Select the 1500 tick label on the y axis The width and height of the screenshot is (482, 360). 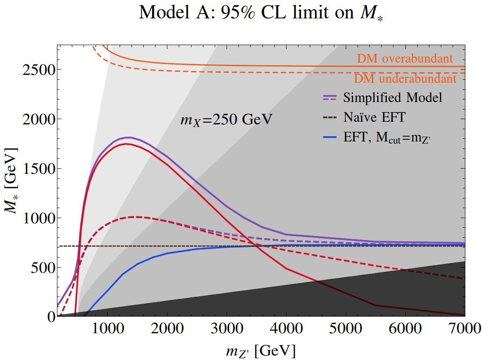click(x=39, y=168)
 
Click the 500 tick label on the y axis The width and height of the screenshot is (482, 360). click(x=43, y=267)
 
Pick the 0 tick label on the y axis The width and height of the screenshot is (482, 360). click(x=51, y=316)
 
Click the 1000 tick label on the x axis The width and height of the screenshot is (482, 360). click(x=108, y=328)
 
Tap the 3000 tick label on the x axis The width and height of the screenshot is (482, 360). click(x=227, y=328)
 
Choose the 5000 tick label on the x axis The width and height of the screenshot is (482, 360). click(x=346, y=328)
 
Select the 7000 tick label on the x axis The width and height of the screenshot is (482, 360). click(x=464, y=328)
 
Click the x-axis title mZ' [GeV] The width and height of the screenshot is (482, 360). click(x=261, y=350)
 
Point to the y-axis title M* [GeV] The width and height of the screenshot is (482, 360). click(x=11, y=180)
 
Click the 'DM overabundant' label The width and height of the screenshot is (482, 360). click(x=405, y=58)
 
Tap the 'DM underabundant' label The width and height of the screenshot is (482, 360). click(x=405, y=79)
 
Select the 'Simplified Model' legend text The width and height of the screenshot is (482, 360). click(x=393, y=97)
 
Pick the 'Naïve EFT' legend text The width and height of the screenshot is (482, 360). click(x=374, y=117)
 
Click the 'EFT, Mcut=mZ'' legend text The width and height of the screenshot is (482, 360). click(x=387, y=138)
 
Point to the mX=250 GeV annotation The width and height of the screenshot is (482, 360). click(x=226, y=120)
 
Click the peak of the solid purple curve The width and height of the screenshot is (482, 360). click(x=128, y=138)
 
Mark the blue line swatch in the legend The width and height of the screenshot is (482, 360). click(x=330, y=138)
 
